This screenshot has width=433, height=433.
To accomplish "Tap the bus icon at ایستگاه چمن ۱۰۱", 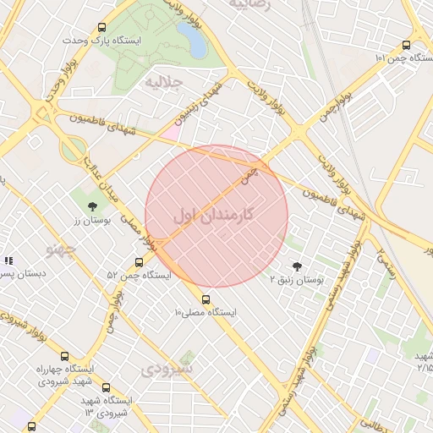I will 407,46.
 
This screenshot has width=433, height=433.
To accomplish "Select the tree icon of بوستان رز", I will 92,206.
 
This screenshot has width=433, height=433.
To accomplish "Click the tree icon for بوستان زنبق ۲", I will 296,266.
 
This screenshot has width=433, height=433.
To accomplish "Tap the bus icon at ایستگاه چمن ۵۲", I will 139,262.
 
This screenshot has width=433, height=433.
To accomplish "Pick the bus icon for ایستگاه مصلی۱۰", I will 206,299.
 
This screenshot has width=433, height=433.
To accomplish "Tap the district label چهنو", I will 61,249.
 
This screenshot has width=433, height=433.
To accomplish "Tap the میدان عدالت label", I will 100,162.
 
